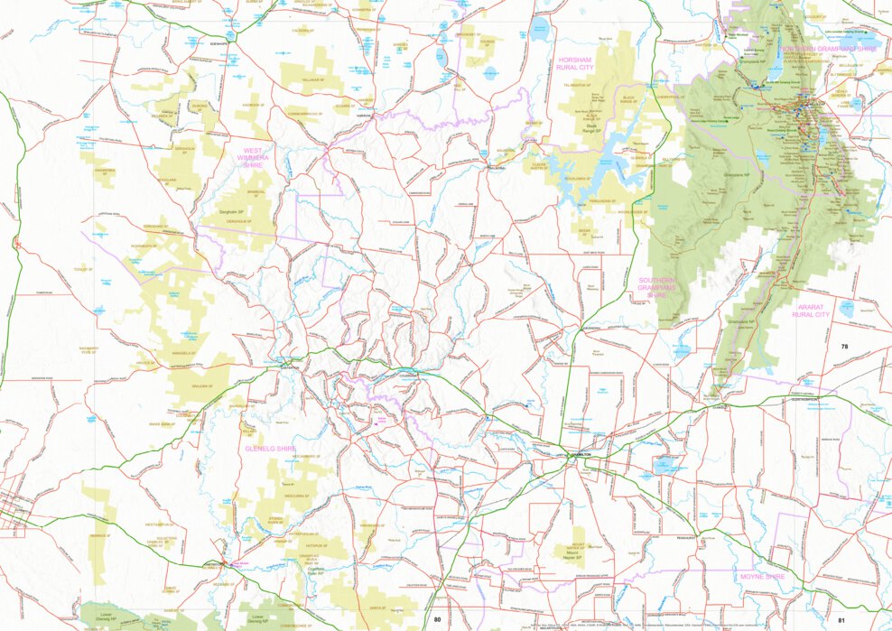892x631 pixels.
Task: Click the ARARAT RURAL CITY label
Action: tap(810, 311)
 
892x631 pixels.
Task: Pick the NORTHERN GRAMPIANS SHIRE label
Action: tap(829, 48)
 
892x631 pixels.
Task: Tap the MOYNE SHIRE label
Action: tap(763, 576)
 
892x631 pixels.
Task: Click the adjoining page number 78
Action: tap(844, 347)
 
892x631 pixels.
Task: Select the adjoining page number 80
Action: tap(438, 619)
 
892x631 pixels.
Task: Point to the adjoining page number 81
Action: tap(841, 619)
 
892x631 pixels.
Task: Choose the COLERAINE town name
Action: tap(409, 374)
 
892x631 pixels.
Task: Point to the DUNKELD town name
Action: tap(719, 406)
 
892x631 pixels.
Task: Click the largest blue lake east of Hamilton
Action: tap(666, 465)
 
